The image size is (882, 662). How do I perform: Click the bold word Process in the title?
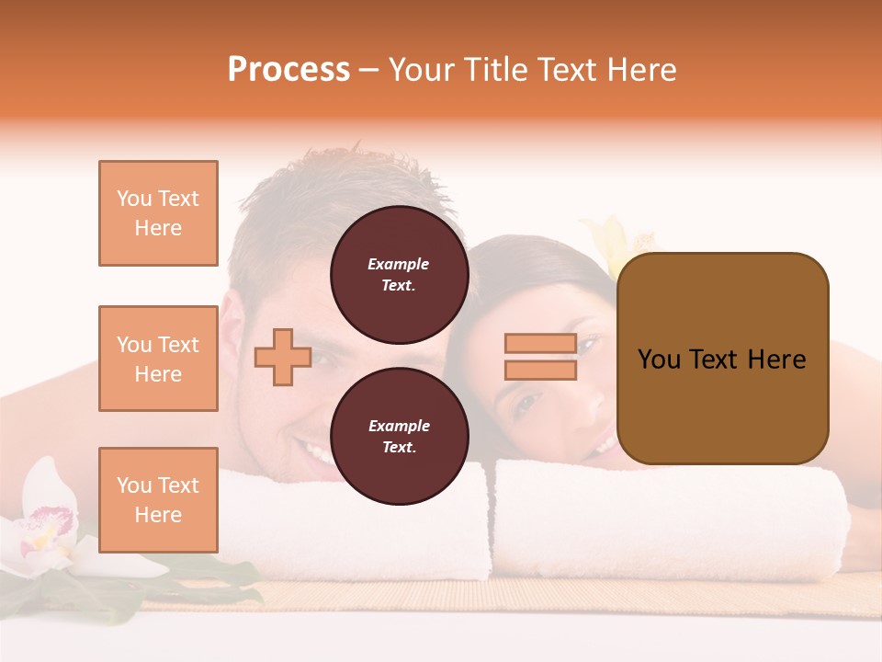[288, 70]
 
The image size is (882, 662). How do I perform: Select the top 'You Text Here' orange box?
[158, 213]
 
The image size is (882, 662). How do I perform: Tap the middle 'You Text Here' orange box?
[158, 359]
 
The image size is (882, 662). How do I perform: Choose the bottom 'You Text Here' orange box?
[158, 500]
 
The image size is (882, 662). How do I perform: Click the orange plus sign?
[283, 357]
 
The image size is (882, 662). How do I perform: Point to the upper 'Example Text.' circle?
[399, 275]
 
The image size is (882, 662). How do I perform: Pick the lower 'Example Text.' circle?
[399, 437]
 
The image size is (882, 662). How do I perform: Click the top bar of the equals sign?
[540, 344]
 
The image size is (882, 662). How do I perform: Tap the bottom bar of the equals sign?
[540, 370]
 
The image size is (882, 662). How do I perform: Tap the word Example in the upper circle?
[399, 265]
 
